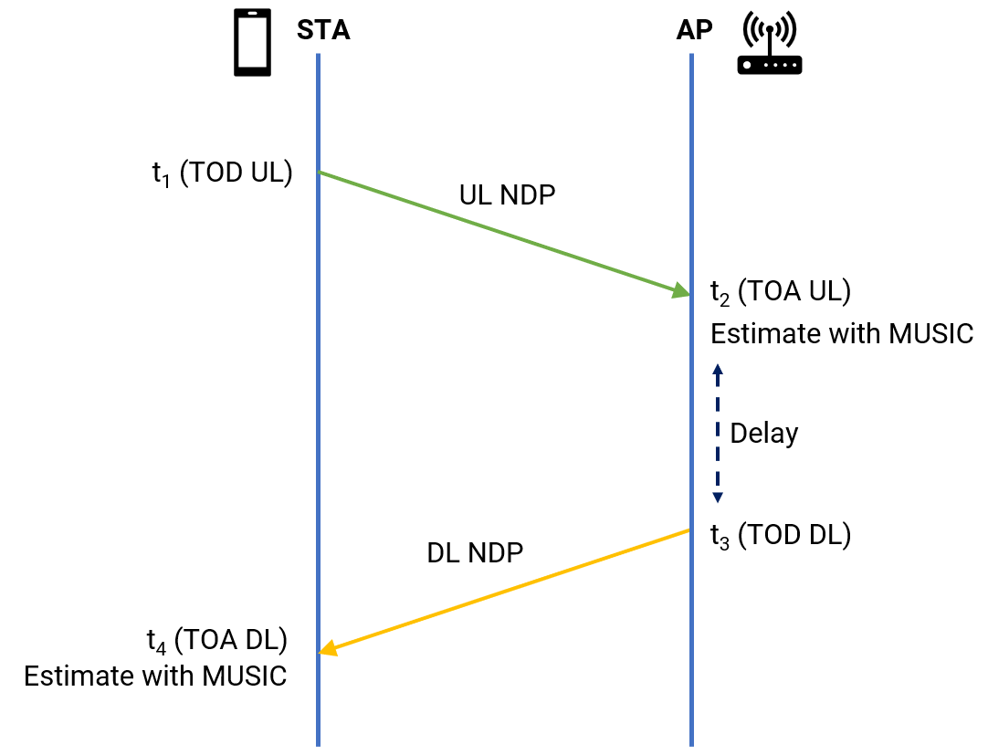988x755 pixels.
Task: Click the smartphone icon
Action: pyautogui.click(x=252, y=42)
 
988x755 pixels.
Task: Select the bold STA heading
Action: pyautogui.click(x=323, y=30)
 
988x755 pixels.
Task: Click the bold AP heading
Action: pyautogui.click(x=694, y=30)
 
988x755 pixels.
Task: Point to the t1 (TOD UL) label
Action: pyautogui.click(x=223, y=173)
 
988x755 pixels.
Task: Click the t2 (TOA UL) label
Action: pyautogui.click(x=781, y=292)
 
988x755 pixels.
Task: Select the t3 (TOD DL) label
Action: pyautogui.click(x=781, y=535)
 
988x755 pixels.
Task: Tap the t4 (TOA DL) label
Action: pyautogui.click(x=217, y=640)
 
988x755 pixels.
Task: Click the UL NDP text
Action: pyautogui.click(x=507, y=195)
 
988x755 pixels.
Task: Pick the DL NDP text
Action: pyautogui.click(x=475, y=552)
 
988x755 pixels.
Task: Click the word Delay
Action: pyautogui.click(x=763, y=435)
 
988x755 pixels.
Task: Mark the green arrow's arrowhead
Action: pyautogui.click(x=681, y=290)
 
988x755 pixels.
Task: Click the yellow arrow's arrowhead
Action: pyautogui.click(x=329, y=647)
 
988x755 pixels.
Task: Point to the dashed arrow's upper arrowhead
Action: pyautogui.click(x=717, y=370)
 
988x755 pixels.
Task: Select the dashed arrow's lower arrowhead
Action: pyautogui.click(x=717, y=498)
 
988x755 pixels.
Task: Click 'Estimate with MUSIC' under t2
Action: pyautogui.click(x=842, y=334)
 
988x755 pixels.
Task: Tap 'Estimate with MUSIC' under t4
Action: pyautogui.click(x=155, y=676)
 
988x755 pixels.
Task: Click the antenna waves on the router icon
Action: pyautogui.click(x=770, y=29)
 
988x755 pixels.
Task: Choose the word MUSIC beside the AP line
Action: pyautogui.click(x=930, y=334)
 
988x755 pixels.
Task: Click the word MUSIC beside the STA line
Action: pyautogui.click(x=245, y=676)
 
